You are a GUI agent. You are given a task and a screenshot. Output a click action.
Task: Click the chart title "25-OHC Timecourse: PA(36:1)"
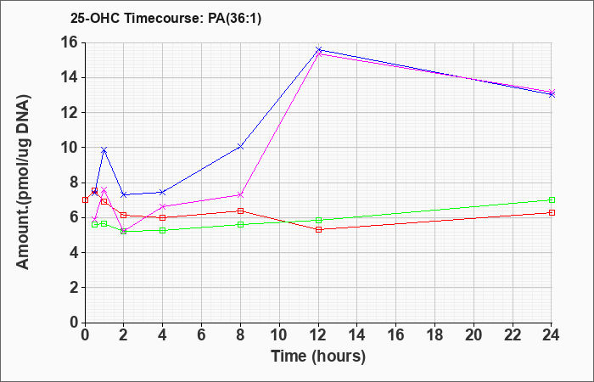pos(165,18)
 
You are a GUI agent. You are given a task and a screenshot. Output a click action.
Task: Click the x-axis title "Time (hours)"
pos(318,357)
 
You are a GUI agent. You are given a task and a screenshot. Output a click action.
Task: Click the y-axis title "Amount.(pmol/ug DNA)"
pos(24,183)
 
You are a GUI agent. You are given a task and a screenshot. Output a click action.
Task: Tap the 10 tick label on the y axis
pos(70,148)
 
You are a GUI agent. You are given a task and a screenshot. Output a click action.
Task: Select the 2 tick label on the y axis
pos(75,288)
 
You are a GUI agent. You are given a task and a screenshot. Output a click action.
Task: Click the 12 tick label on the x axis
pos(318,335)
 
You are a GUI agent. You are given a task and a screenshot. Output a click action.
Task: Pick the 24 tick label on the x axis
pos(551,335)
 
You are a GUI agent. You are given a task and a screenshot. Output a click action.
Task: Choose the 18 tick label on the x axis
pos(434,335)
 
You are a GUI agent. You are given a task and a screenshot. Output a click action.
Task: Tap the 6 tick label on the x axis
pos(202,335)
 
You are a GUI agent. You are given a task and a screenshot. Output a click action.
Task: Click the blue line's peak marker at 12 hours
pos(318,49)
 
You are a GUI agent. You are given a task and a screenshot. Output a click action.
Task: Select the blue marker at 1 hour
pos(104,150)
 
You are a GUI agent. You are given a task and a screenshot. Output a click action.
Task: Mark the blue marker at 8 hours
pos(240,146)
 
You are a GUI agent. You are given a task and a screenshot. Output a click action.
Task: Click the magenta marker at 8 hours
pos(240,194)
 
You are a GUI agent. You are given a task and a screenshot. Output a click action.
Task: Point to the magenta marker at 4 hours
pos(163,206)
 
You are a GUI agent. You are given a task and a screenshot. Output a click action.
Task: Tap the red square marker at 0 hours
pos(85,199)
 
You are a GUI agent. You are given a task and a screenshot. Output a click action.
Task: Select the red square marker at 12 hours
pos(318,229)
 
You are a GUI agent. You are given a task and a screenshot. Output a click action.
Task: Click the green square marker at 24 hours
pos(552,199)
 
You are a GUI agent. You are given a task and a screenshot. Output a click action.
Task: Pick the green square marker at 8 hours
pos(240,224)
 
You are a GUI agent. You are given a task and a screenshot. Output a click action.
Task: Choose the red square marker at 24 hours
pos(552,212)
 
